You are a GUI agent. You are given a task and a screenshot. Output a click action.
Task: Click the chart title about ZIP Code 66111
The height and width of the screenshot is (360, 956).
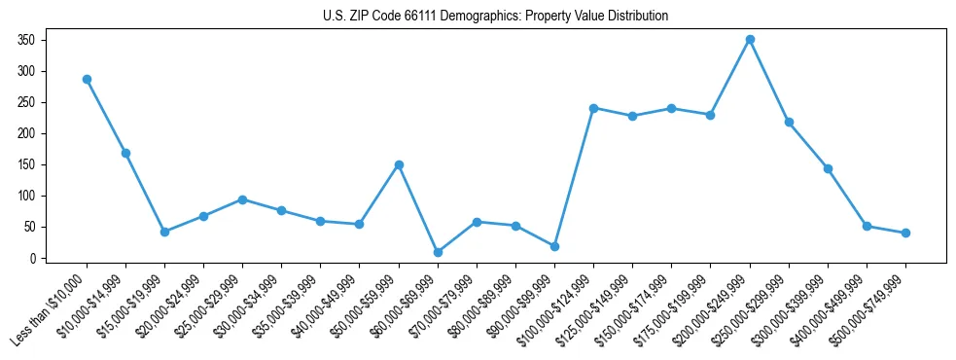(x=495, y=16)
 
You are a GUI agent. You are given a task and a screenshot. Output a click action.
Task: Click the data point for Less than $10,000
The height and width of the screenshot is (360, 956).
(x=87, y=79)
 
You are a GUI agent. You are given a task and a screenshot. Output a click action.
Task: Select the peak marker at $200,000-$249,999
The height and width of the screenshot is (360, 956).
(x=750, y=40)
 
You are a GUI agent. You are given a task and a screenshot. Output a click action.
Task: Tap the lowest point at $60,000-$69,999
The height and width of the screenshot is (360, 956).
(x=438, y=252)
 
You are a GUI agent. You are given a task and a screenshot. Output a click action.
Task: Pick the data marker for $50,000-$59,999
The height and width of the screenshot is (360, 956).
(x=399, y=164)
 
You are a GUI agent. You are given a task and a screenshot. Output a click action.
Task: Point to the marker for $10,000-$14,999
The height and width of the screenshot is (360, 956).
(x=125, y=153)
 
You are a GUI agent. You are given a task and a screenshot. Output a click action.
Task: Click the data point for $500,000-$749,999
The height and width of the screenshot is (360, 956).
(x=905, y=233)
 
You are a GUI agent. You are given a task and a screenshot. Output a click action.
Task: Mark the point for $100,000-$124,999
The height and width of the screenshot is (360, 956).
(x=593, y=108)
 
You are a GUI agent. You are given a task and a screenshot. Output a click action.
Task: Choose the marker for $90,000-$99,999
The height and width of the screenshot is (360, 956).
(x=554, y=246)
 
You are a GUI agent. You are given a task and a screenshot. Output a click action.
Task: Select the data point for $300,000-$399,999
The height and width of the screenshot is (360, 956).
(x=828, y=168)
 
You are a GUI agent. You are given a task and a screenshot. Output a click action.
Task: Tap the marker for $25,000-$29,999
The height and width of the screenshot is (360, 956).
(x=242, y=199)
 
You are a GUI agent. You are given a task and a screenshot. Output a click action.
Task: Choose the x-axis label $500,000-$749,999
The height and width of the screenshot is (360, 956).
(x=868, y=309)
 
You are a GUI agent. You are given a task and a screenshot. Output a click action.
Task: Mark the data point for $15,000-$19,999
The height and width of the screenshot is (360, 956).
(x=164, y=232)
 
